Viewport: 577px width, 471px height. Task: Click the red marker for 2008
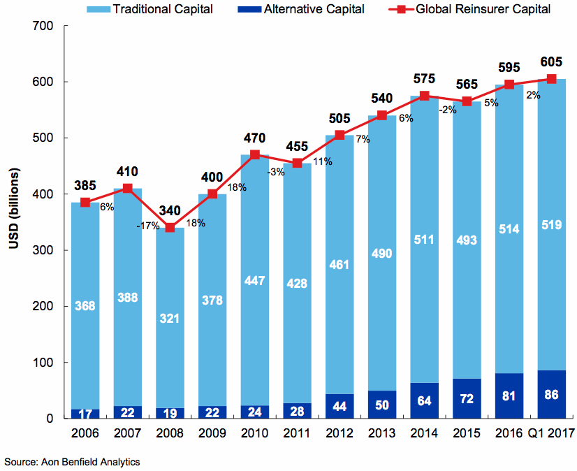[170, 228]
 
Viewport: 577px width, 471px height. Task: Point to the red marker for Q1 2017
[551, 79]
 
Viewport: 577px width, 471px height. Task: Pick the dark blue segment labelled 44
[339, 405]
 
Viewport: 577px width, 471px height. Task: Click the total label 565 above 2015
[467, 84]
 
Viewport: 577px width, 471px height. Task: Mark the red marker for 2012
[339, 135]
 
